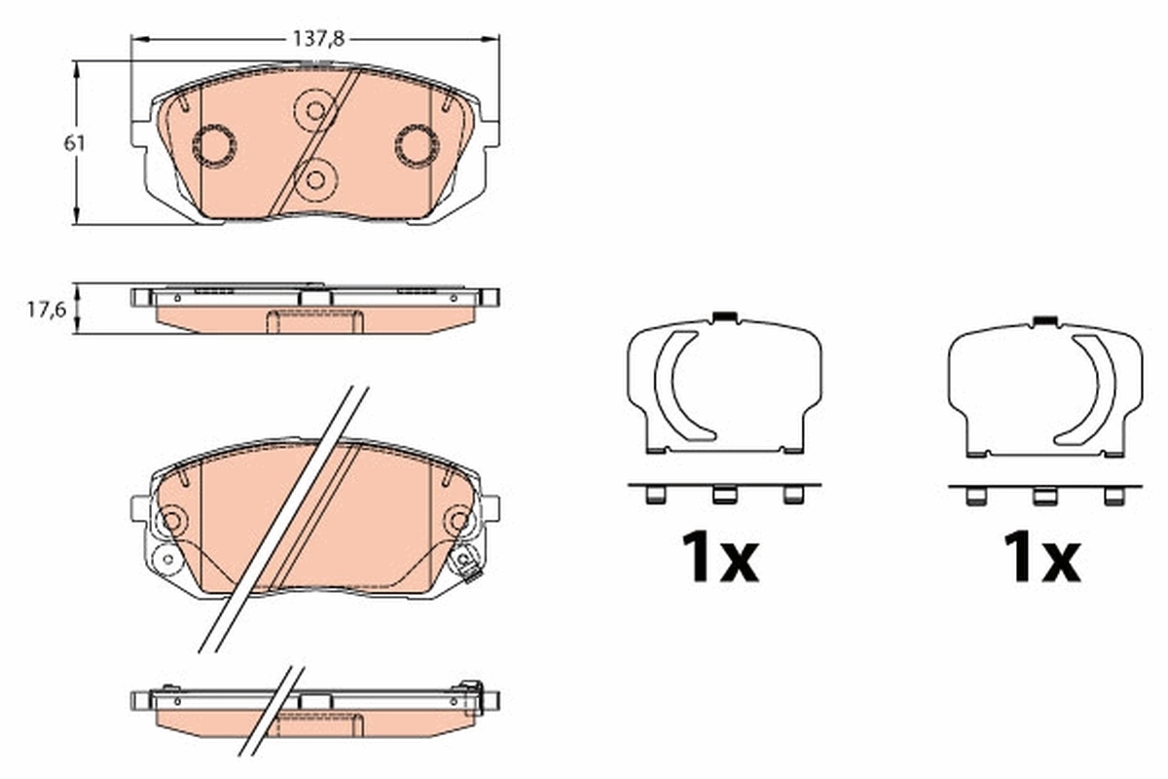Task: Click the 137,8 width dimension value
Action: [314, 39]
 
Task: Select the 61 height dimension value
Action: [75, 143]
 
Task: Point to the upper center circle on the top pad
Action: [314, 109]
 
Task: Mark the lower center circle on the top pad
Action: [314, 179]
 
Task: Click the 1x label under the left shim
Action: [719, 558]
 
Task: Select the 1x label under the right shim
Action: [1041, 558]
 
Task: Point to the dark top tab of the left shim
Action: [723, 316]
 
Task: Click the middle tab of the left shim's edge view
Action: [723, 495]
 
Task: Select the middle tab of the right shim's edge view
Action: [1043, 496]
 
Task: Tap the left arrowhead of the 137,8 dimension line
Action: [137, 39]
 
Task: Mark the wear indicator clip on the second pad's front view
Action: [468, 564]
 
